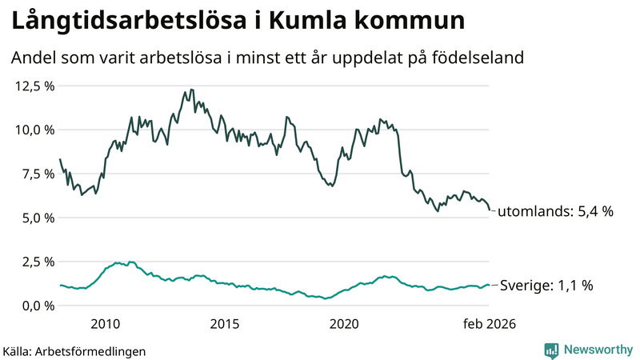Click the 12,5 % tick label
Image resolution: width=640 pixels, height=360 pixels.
pyautogui.click(x=34, y=86)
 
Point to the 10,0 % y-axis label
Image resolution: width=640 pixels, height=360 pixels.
pyautogui.click(x=34, y=130)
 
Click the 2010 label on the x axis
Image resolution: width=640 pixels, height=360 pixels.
pyautogui.click(x=106, y=324)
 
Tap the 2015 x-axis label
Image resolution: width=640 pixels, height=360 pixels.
pyautogui.click(x=225, y=324)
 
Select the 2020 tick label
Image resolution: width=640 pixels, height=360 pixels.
pyautogui.click(x=344, y=324)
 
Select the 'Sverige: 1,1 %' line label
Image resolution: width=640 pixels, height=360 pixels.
pyautogui.click(x=546, y=285)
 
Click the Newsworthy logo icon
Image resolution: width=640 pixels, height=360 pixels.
pyautogui.click(x=552, y=350)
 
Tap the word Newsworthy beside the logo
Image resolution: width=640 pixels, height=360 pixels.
pyautogui.click(x=597, y=350)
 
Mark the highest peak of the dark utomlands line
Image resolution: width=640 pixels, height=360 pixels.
pyautogui.click(x=186, y=90)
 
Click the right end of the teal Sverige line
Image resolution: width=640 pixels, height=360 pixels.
pyautogui.click(x=490, y=285)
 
